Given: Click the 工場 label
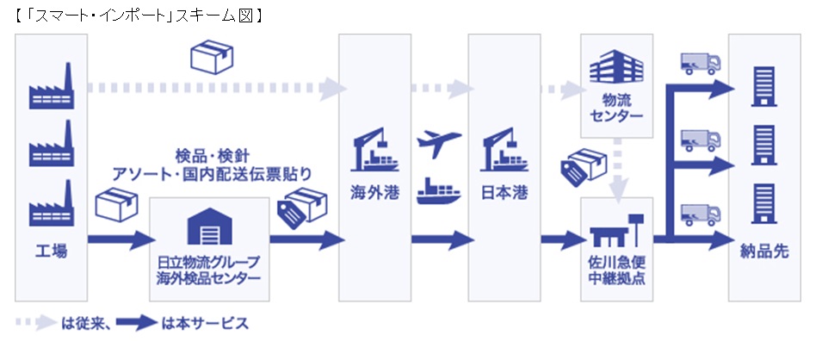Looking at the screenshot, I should [x=51, y=252].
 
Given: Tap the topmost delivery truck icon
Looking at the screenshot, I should [x=699, y=64].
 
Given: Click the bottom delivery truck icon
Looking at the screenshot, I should [x=699, y=213].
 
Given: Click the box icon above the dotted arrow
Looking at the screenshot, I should [x=211, y=59].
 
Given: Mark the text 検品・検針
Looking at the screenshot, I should [x=212, y=156].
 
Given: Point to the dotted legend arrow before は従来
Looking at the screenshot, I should [x=34, y=324].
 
